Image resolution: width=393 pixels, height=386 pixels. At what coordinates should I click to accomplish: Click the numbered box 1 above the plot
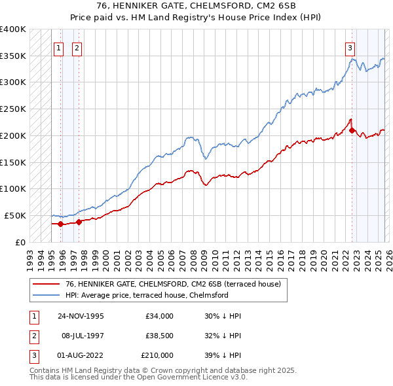[x=58, y=47]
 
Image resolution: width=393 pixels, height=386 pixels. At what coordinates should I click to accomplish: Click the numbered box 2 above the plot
[x=77, y=47]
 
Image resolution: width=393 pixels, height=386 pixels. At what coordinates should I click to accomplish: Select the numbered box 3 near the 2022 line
[x=350, y=47]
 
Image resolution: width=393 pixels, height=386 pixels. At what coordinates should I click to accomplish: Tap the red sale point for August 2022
[x=352, y=130]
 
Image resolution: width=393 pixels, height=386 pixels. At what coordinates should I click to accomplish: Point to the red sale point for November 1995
[x=61, y=224]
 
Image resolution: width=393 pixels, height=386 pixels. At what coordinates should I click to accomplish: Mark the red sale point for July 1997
[x=79, y=222]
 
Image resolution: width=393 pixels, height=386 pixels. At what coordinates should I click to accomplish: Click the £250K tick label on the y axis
[x=12, y=109]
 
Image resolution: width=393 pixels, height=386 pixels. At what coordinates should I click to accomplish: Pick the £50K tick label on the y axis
[x=15, y=215]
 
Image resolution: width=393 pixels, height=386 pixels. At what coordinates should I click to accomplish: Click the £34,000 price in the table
[x=159, y=316]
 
